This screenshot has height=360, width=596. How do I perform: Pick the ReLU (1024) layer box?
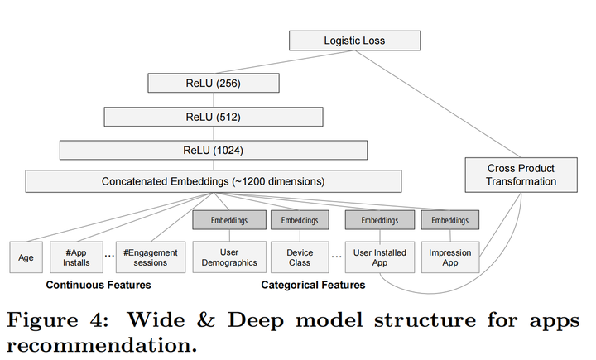click(214, 150)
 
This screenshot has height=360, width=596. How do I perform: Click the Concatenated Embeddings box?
click(214, 181)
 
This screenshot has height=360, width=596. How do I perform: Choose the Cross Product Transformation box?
click(521, 175)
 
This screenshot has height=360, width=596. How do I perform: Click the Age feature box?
click(26, 257)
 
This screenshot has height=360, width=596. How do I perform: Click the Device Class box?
click(300, 257)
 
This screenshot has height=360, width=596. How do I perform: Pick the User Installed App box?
click(380, 257)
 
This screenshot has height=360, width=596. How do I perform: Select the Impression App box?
click(450, 257)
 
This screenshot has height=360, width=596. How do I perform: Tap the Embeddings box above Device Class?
click(300, 220)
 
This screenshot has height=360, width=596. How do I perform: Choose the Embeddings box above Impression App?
click(449, 220)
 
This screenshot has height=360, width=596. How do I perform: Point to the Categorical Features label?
click(313, 286)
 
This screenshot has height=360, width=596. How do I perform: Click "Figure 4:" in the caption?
click(59, 320)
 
